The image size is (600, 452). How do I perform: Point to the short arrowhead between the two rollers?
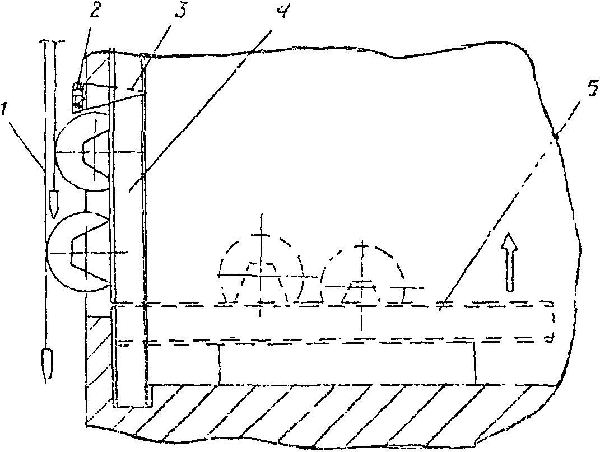coord(53,204)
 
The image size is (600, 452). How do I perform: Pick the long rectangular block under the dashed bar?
coord(347,364)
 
